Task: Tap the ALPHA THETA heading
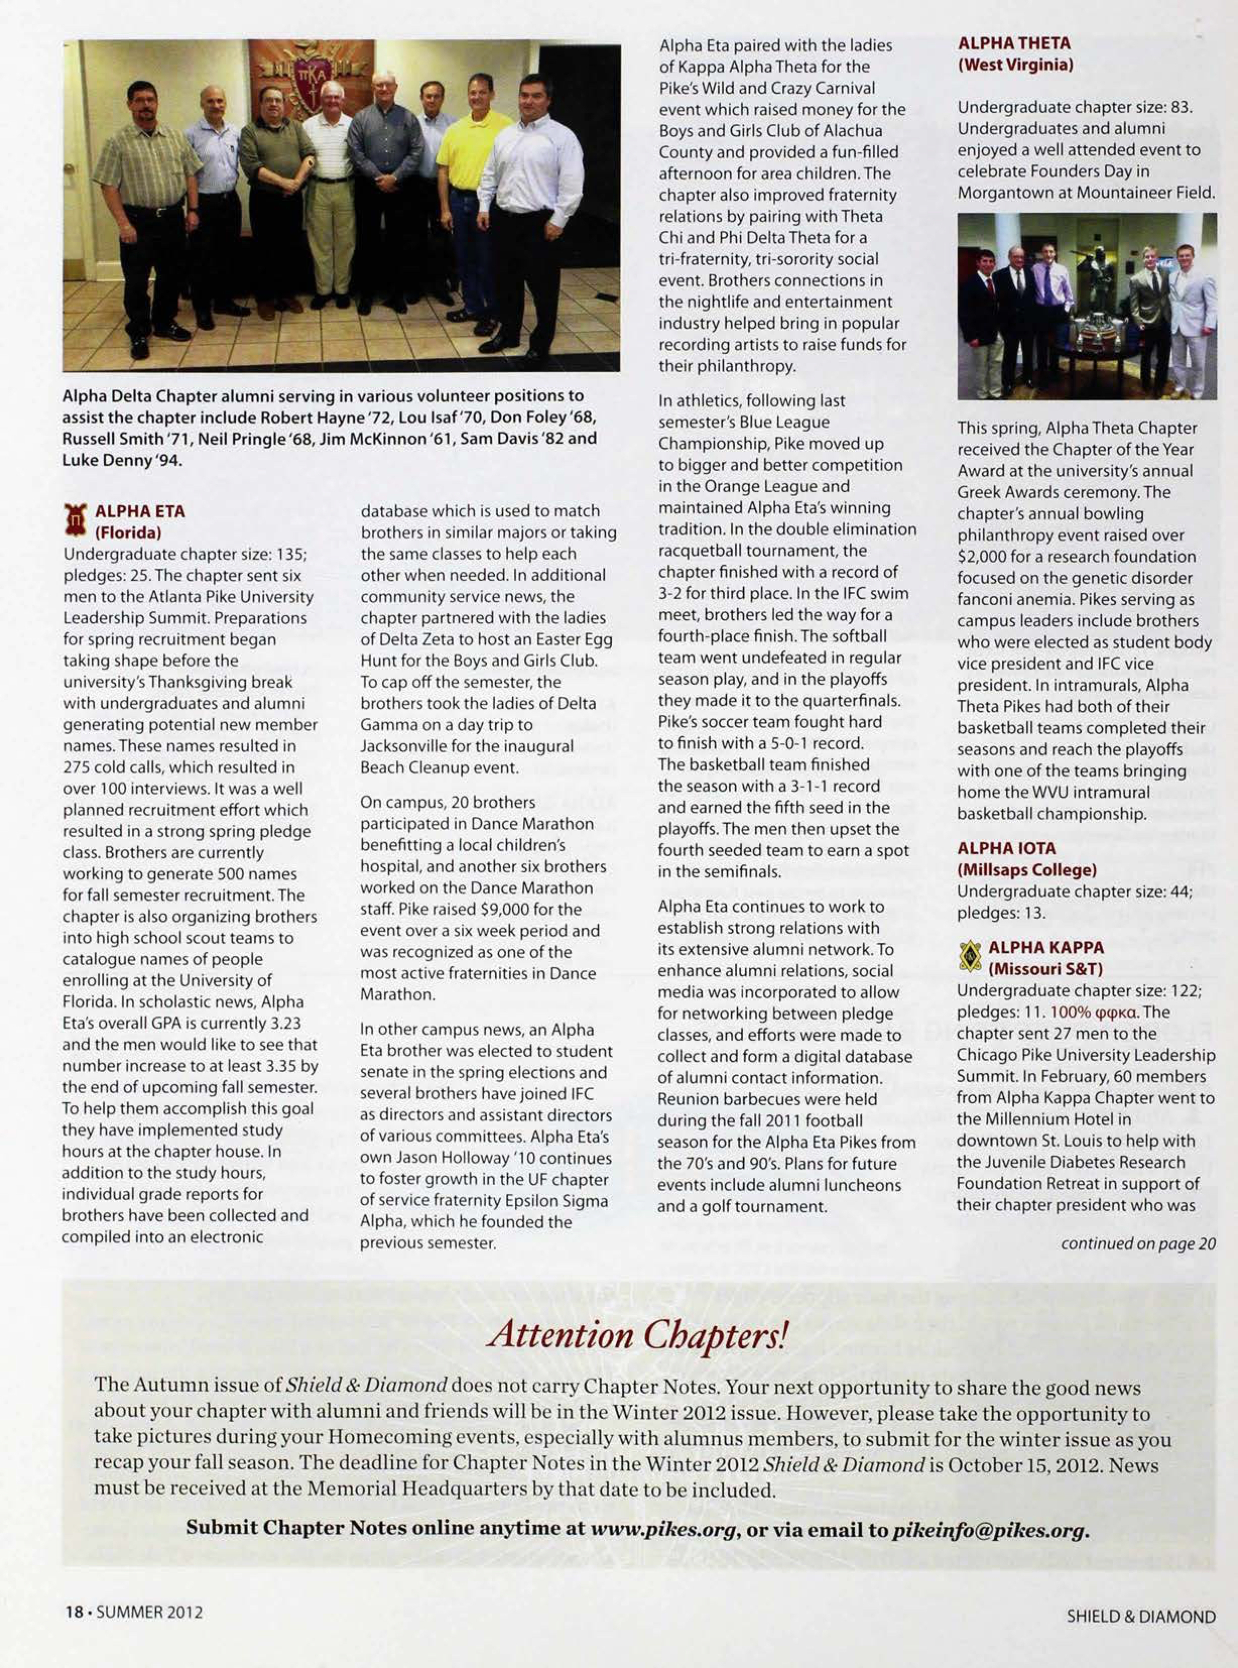coord(1014,43)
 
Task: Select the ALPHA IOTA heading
coord(1006,848)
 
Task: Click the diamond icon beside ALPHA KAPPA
coord(970,957)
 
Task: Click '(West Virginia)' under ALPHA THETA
coord(1016,65)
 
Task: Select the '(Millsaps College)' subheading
coord(1027,870)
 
